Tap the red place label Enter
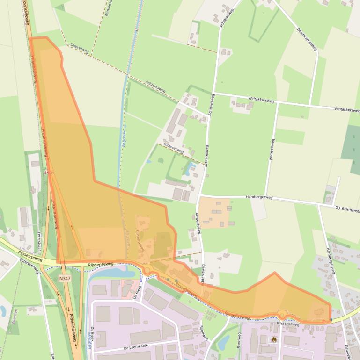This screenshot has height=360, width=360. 49,173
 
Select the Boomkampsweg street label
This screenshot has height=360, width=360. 307,39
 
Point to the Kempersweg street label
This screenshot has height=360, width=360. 271,150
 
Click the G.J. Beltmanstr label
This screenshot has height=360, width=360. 347,208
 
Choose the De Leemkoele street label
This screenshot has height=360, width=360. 136,346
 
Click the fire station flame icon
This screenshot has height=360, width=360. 274,339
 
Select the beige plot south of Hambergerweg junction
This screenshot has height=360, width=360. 215,213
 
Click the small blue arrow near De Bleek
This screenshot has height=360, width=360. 140,279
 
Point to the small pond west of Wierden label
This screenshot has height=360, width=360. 2,310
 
